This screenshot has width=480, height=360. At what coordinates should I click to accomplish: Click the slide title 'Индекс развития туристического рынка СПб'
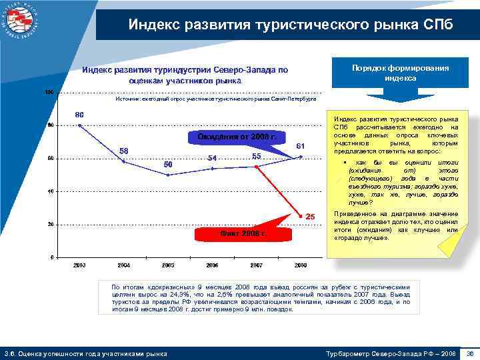[290, 25]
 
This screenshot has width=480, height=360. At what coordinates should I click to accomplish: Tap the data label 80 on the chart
[79, 115]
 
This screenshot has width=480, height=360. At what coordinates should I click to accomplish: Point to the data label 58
[123, 151]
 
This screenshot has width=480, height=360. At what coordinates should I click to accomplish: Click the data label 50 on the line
[168, 164]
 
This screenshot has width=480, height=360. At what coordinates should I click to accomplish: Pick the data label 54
[213, 158]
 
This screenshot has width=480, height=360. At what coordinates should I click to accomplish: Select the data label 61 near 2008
[301, 145]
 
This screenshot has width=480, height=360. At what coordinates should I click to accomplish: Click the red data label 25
[310, 216]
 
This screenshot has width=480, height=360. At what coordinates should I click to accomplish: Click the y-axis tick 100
[49, 91]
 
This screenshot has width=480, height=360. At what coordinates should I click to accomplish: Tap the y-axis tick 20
[50, 225]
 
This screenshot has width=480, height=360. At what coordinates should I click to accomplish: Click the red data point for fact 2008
[301, 215]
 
